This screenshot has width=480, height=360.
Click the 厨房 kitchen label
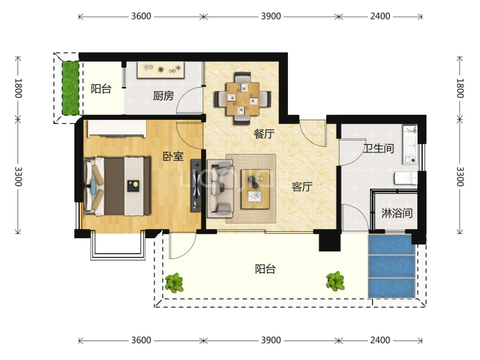163,96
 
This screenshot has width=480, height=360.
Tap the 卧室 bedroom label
173,157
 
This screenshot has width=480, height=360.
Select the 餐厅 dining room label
264,134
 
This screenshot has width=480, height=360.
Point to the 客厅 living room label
302,187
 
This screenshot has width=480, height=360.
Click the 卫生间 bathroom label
378,148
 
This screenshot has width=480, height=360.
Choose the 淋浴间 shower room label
397,213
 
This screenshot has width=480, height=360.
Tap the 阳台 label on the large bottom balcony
266,269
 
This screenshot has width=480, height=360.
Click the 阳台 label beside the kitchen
101,89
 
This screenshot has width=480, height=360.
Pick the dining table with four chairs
243,98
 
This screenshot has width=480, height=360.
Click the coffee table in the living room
255,189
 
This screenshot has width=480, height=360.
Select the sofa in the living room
221,189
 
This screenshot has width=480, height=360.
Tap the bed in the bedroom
118,187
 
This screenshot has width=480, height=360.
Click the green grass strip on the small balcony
71,88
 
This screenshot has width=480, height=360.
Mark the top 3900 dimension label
271,16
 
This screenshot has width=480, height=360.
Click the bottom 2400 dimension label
381,340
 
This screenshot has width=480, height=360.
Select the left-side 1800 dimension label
18,88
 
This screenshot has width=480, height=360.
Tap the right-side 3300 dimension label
460,176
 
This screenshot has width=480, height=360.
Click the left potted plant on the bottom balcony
174,283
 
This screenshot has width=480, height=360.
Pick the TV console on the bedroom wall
196,186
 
